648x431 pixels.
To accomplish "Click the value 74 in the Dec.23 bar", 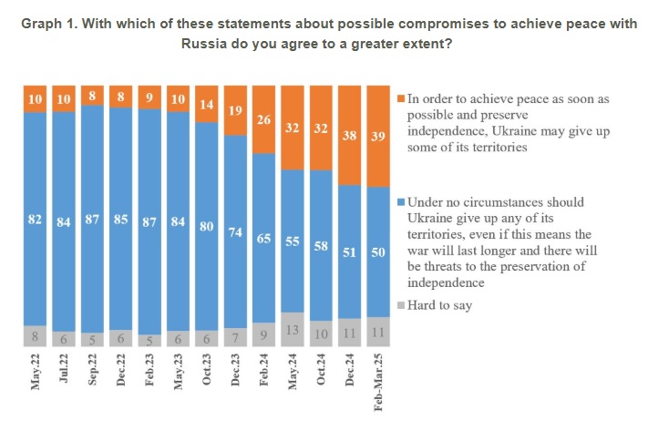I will click(235, 231).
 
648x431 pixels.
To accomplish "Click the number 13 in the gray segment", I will click(292, 330).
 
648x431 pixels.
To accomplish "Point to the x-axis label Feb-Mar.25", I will click(377, 390).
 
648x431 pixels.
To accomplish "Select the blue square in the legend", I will click(400, 202).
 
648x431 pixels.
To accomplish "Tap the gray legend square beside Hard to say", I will click(400, 306).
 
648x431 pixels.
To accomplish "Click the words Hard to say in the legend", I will click(440, 305).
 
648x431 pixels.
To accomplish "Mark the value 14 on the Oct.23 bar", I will click(206, 104).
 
